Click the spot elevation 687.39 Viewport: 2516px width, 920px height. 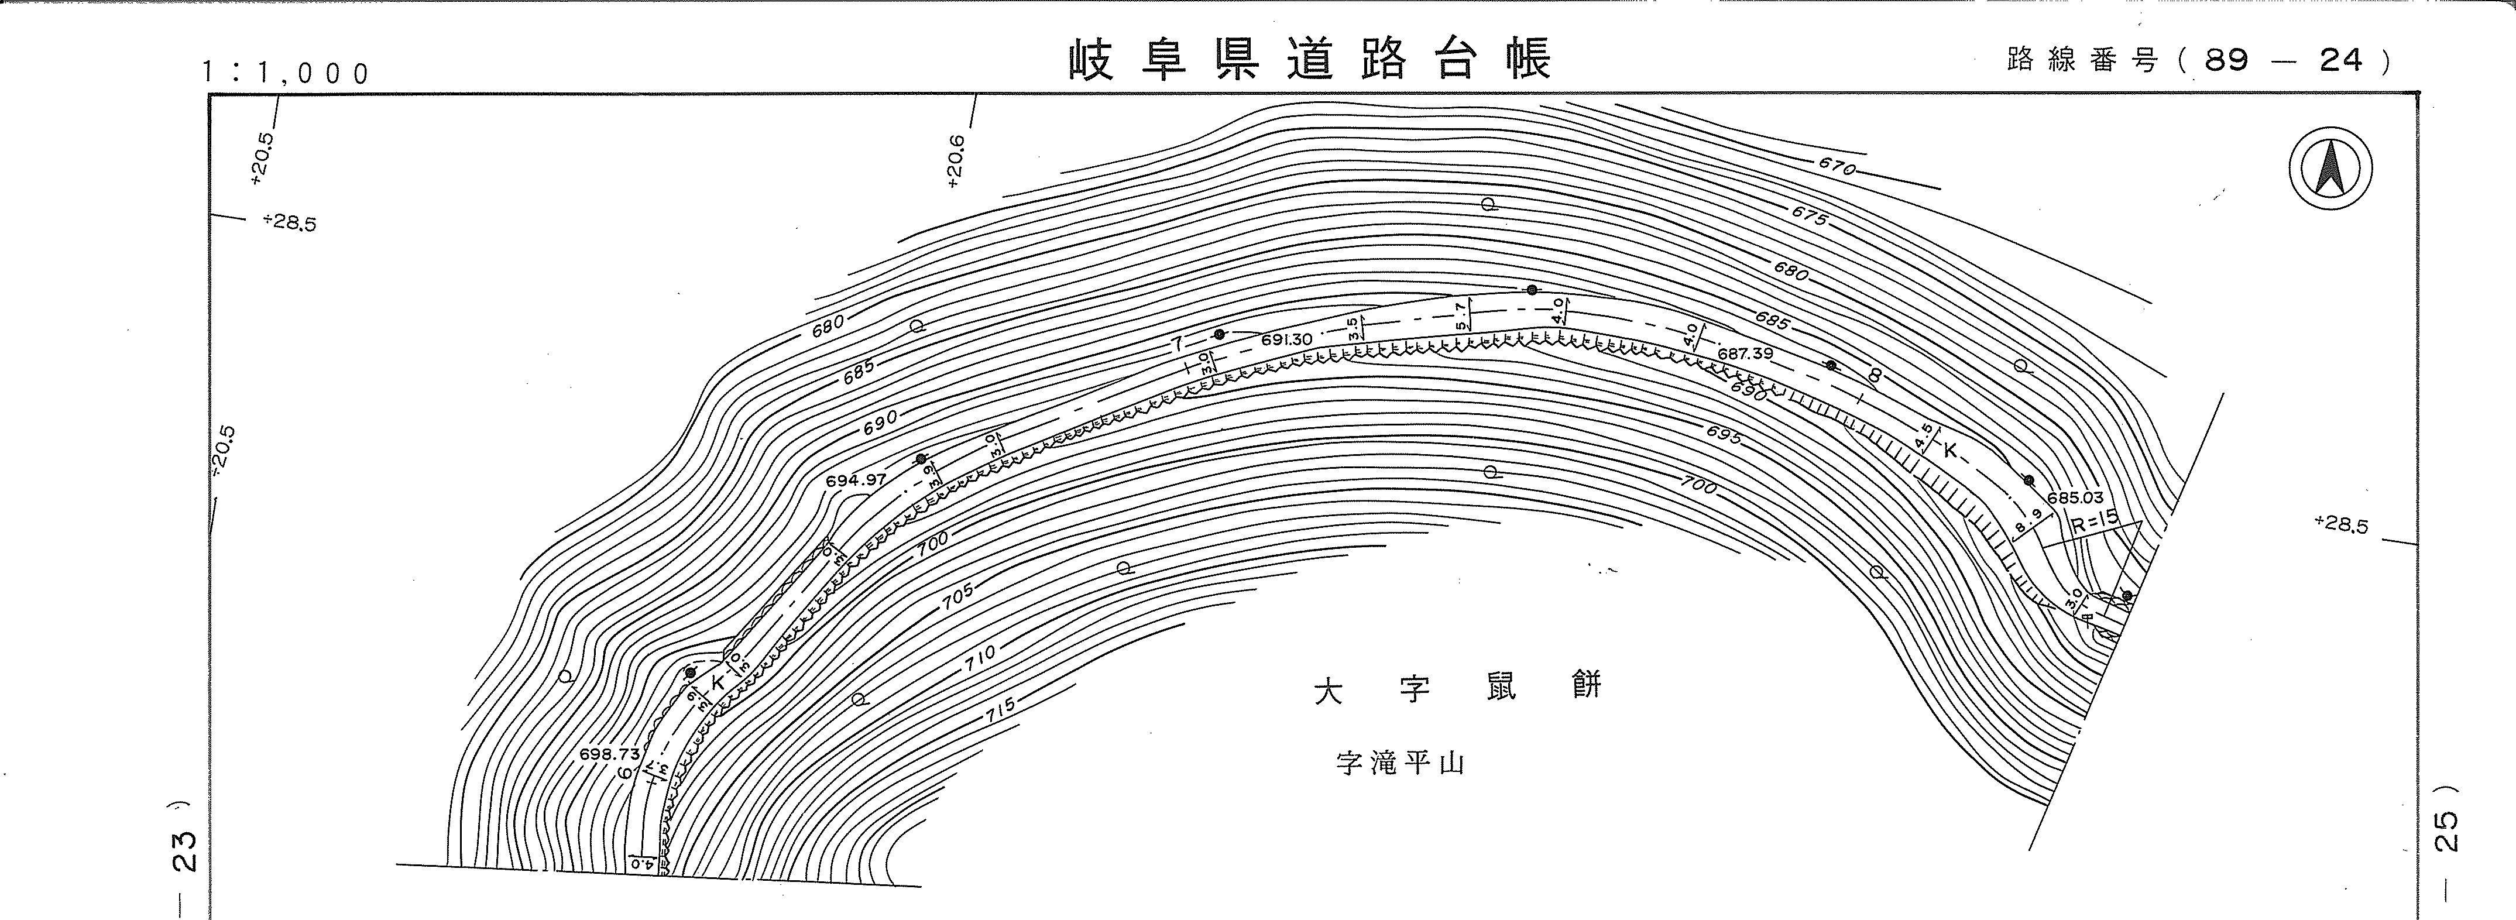[1745, 353]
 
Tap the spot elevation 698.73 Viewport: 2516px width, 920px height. [609, 754]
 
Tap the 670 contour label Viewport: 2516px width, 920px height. [1836, 167]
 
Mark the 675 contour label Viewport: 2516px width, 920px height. [1809, 217]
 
